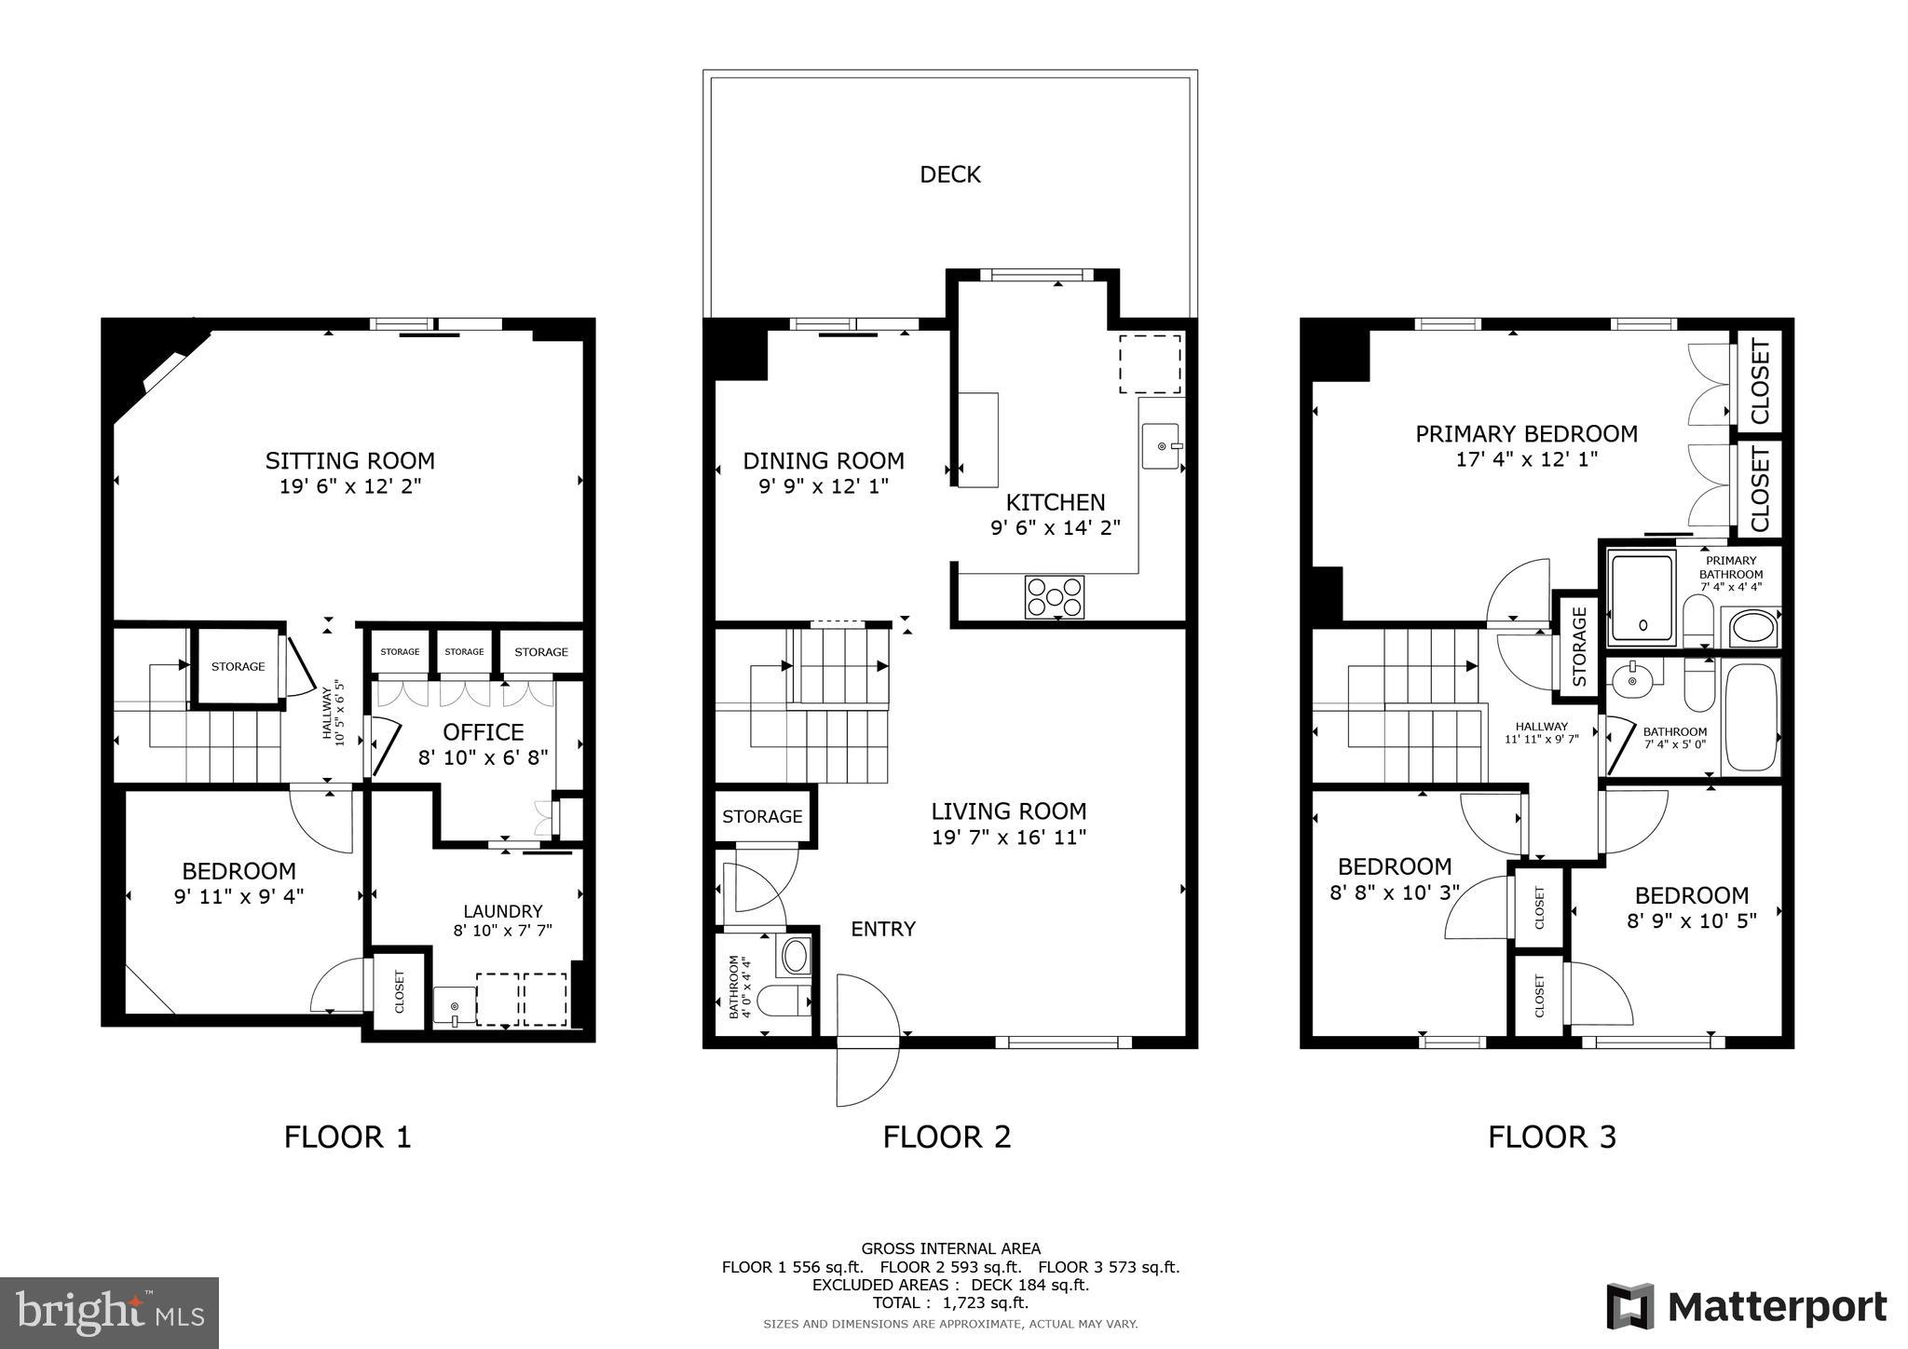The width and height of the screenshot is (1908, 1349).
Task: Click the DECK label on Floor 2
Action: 949,174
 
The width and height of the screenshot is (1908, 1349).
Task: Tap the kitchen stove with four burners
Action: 1055,597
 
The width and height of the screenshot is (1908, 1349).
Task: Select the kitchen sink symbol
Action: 1161,445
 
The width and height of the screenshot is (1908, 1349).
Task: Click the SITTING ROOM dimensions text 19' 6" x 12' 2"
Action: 349,486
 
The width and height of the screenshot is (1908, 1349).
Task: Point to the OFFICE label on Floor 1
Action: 483,732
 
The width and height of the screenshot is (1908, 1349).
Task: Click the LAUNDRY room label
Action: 503,911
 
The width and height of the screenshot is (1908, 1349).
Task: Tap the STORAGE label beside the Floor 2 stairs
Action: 762,817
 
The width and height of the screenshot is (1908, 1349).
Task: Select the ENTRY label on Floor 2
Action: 883,929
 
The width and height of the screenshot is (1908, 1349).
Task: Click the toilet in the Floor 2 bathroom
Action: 783,1002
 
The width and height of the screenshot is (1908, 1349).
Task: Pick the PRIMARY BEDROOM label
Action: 1526,434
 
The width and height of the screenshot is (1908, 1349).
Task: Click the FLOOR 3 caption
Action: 1551,1138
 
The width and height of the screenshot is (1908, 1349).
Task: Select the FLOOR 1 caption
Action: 347,1138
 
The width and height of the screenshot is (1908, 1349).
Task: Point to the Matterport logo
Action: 1746,1307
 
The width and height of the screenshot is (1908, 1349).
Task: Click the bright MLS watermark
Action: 109,1313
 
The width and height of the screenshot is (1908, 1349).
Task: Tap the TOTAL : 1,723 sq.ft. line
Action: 950,1303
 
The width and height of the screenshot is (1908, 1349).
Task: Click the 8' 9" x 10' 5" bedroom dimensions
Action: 1691,921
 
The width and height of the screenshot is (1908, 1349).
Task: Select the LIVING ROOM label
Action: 1009,811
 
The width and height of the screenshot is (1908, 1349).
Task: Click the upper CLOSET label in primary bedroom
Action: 1759,381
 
